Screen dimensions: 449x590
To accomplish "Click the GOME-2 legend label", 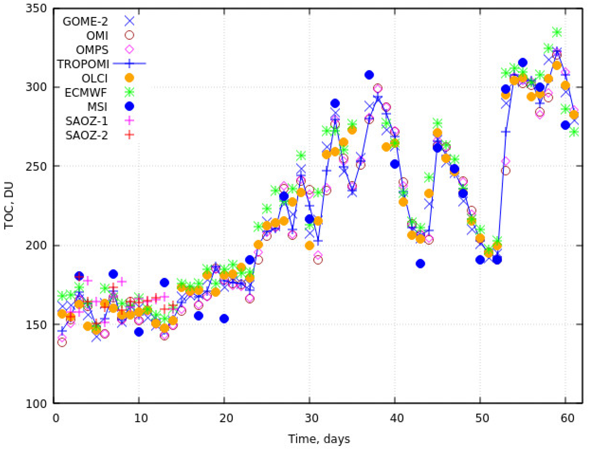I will click(x=85, y=21).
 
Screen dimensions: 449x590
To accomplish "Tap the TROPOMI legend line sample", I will click(x=130, y=64).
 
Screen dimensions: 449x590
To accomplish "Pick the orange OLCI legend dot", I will click(x=130, y=78).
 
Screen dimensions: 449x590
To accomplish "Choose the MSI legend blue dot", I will click(x=130, y=106).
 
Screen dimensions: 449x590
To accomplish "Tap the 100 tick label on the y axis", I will click(x=36, y=403).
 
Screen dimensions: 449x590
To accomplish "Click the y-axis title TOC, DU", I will click(x=9, y=205).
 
